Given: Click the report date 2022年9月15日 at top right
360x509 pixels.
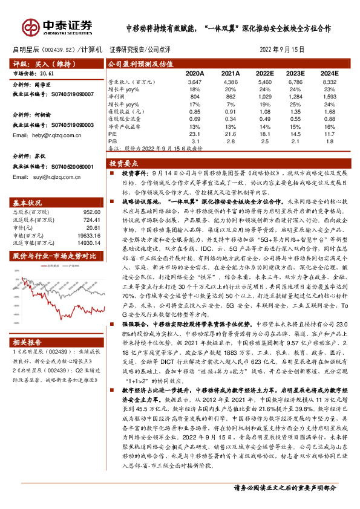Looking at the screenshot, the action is click(x=282, y=50).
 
